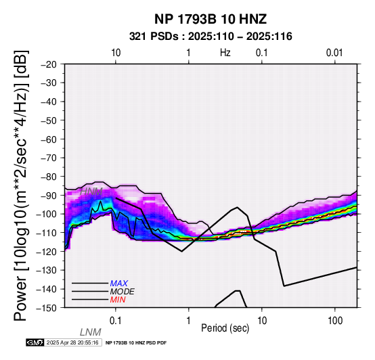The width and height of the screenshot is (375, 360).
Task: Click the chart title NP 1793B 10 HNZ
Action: [x=211, y=19]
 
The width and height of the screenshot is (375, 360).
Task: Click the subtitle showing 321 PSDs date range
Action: [x=211, y=37]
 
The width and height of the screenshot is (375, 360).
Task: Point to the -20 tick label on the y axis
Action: [x=48, y=64]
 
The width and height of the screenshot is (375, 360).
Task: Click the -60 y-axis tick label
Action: [x=48, y=139]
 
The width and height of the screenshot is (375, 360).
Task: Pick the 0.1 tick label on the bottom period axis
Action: [x=116, y=321]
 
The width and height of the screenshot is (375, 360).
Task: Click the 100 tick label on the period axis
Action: [x=335, y=321]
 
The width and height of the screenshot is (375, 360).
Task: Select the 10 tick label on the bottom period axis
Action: [x=262, y=321]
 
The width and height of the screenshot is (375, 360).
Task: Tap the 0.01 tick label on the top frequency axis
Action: [x=334, y=53]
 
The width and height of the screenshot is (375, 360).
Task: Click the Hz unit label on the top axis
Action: [x=225, y=53]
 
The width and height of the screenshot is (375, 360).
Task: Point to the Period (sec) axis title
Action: [x=225, y=328]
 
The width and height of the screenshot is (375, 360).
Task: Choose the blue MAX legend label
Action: [x=119, y=284]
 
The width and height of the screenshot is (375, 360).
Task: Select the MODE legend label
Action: [x=123, y=292]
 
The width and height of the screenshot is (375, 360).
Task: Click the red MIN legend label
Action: [x=118, y=300]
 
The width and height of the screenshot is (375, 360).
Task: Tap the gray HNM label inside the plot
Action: [x=91, y=192]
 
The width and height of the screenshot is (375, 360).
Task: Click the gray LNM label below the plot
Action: [x=91, y=332]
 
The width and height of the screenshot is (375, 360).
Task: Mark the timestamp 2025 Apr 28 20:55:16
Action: [x=72, y=342]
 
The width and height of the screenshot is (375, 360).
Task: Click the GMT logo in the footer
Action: [x=35, y=342]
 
